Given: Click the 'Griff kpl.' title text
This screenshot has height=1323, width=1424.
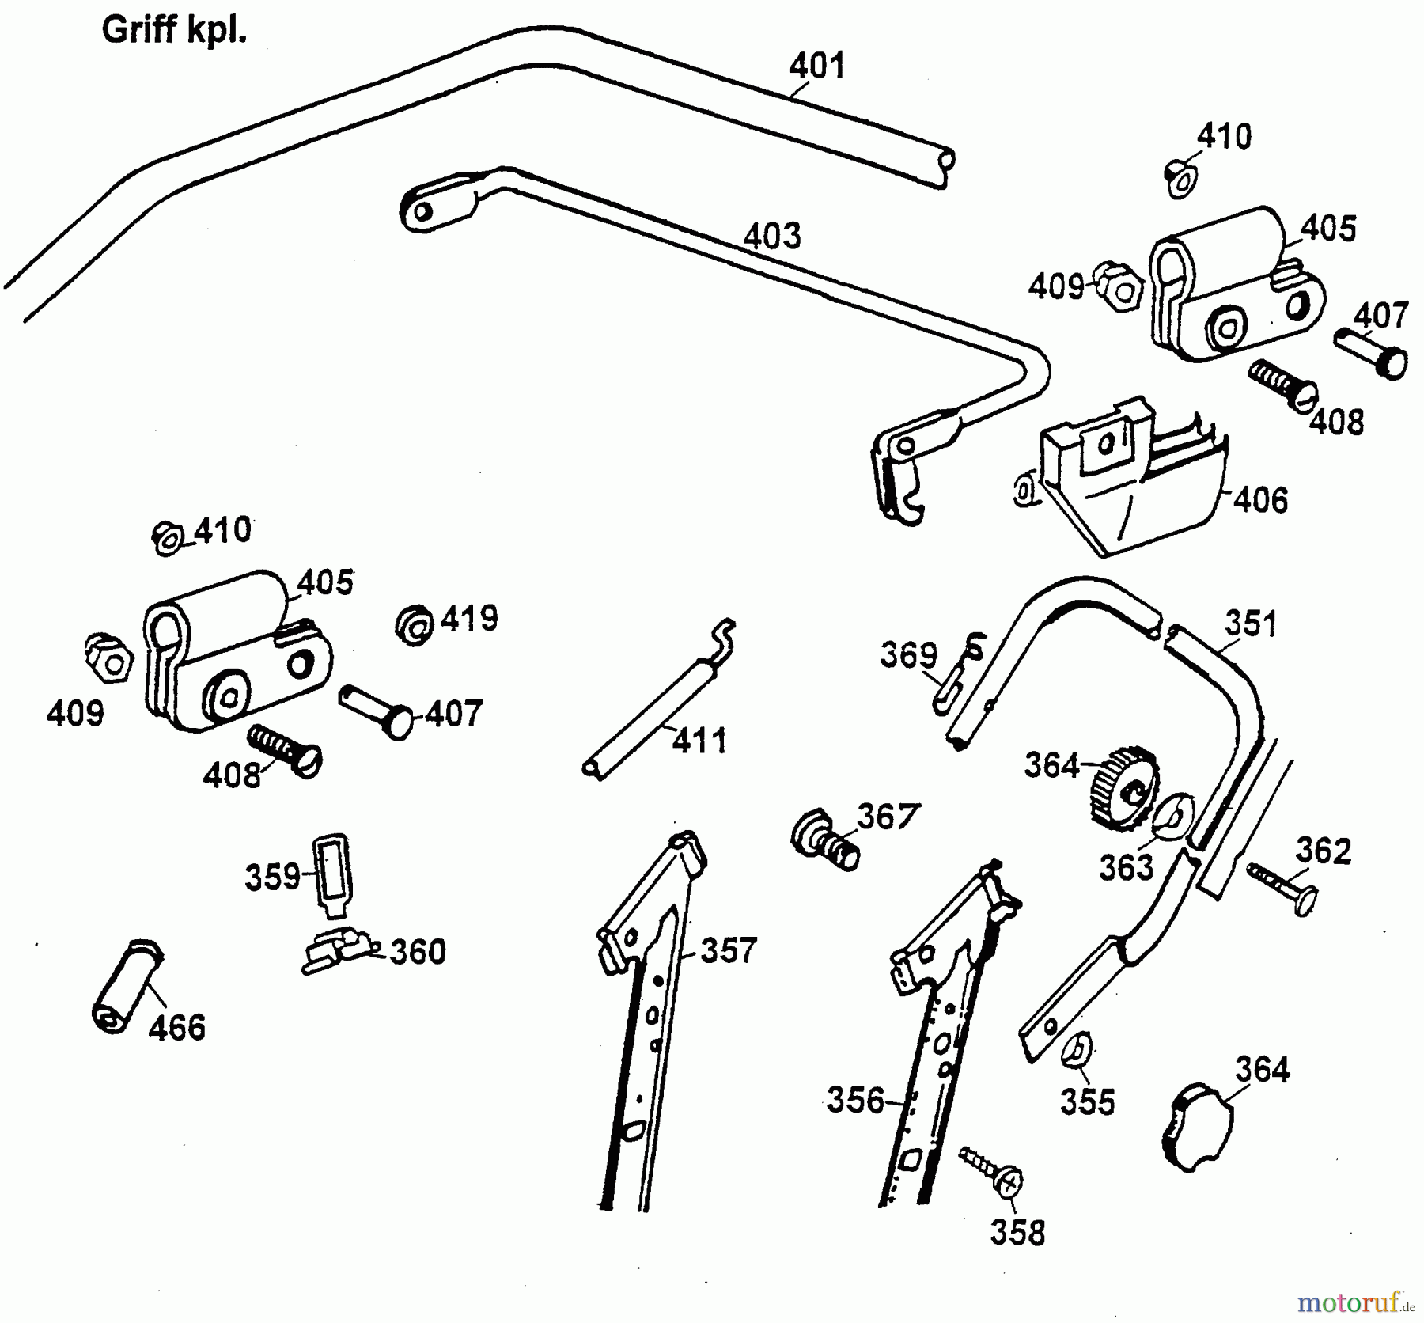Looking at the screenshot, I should [174, 32].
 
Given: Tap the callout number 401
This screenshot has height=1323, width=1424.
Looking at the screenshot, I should [817, 66].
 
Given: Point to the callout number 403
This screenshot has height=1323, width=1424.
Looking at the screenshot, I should [772, 236].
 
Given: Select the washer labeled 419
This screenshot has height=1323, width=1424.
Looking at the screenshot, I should [415, 625].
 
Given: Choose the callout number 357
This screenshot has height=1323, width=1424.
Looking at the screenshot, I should [729, 950].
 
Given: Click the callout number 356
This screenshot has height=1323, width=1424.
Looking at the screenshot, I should [855, 1100].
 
